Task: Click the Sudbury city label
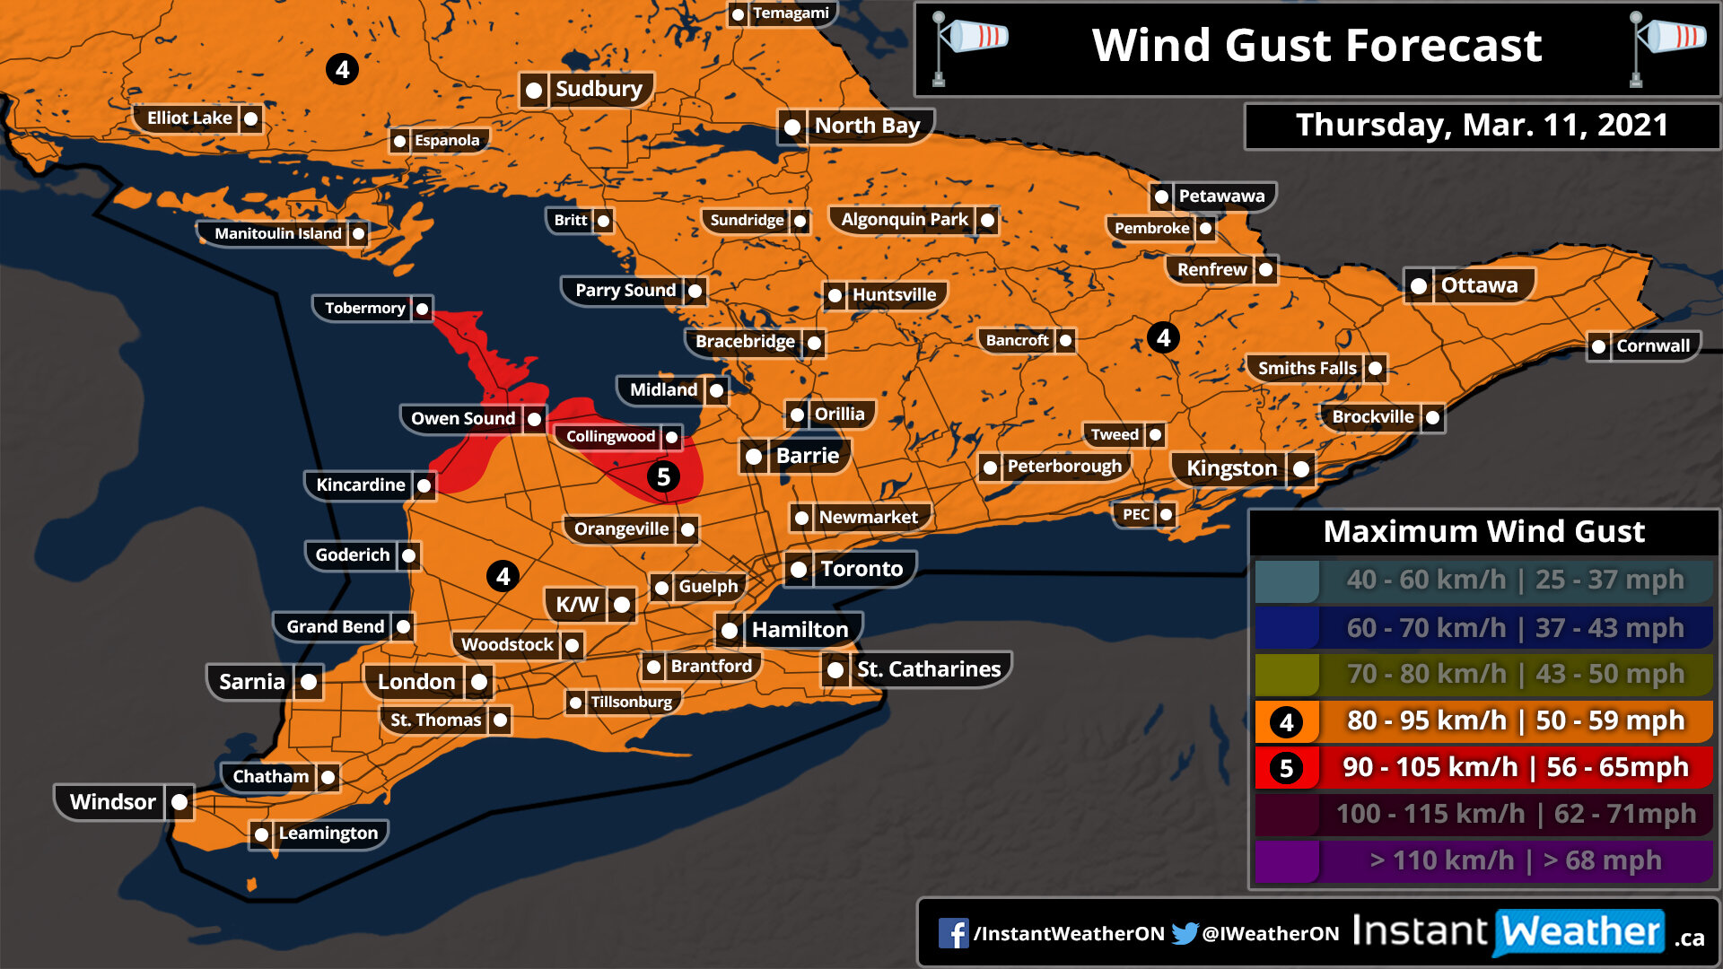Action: coord(599,89)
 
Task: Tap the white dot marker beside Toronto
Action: coord(798,570)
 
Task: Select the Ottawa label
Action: coord(1479,285)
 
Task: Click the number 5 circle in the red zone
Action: coord(663,476)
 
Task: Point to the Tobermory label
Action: coord(364,308)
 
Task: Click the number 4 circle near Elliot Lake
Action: coord(342,69)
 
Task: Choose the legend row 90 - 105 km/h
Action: coord(1515,767)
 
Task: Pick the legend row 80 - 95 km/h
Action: coord(1515,720)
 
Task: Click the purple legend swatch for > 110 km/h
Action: coord(1286,860)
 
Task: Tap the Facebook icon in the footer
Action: coord(953,933)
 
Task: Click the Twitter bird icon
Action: coord(1185,933)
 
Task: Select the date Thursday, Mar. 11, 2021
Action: coord(1482,125)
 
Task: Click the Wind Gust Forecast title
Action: coord(1316,45)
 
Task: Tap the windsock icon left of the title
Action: coord(969,45)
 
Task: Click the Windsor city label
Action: coord(113,801)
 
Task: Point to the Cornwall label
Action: coord(1652,345)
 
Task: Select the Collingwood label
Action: coord(610,436)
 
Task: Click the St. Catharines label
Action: coord(928,669)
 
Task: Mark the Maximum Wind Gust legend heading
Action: coord(1483,531)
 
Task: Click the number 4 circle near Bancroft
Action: coord(1163,337)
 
